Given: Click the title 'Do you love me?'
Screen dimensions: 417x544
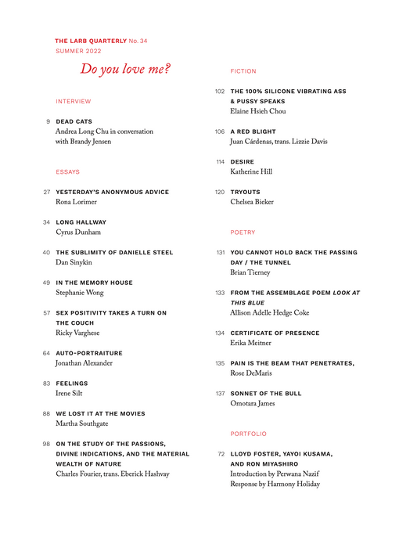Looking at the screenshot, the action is pyautogui.click(x=125, y=70).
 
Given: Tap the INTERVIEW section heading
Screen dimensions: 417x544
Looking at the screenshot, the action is pyautogui.click(x=74, y=102).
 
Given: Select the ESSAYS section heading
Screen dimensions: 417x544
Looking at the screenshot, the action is pyautogui.click(x=68, y=171).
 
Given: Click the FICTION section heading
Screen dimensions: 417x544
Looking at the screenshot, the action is pyautogui.click(x=243, y=71).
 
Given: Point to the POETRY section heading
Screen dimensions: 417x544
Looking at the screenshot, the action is pyautogui.click(x=243, y=232).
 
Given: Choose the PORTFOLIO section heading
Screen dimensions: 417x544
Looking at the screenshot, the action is pyautogui.click(x=249, y=434).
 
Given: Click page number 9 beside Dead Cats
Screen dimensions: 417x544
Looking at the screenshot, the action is pyautogui.click(x=49, y=122).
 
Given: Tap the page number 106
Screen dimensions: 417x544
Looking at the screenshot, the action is pyautogui.click(x=220, y=131).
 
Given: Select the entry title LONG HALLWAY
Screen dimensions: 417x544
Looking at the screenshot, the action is pyautogui.click(x=81, y=222).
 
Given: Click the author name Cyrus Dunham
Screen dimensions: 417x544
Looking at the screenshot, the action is pyautogui.click(x=78, y=232).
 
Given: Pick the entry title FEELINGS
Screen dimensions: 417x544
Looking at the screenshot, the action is pyautogui.click(x=73, y=384).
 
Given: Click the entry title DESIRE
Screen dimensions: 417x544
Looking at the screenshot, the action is pyautogui.click(x=243, y=162).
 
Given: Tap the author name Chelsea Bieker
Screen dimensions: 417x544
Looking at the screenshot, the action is pyautogui.click(x=252, y=202).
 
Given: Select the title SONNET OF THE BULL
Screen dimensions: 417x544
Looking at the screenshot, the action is pyautogui.click(x=266, y=394).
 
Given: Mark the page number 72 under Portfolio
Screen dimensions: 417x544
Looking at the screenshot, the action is pyautogui.click(x=221, y=454).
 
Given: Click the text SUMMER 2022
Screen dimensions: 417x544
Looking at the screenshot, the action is pyautogui.click(x=78, y=51).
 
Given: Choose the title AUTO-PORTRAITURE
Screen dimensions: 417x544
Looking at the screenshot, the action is pyautogui.click(x=89, y=353).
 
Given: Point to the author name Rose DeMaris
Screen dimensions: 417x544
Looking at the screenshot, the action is pyautogui.click(x=251, y=373).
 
